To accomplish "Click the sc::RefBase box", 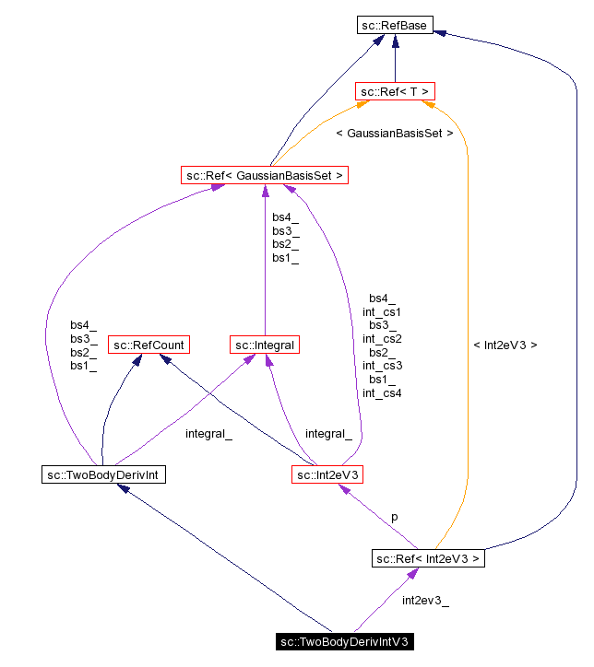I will pyautogui.click(x=395, y=26).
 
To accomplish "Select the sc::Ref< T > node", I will pyautogui.click(x=395, y=91).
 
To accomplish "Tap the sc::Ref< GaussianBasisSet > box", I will pyautogui.click(x=265, y=174).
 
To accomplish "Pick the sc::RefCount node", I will pyautogui.click(x=148, y=345).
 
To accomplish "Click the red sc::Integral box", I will pyautogui.click(x=265, y=345).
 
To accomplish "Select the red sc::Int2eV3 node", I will pyautogui.click(x=328, y=475).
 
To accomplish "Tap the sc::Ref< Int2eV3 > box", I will pyautogui.click(x=428, y=558).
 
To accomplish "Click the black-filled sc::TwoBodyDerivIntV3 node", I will pyautogui.click(x=343, y=641).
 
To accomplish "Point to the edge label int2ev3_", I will pyautogui.click(x=425, y=601).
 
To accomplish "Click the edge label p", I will pyautogui.click(x=395, y=517).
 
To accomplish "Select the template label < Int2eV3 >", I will pyautogui.click(x=505, y=345).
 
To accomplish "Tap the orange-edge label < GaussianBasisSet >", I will pyautogui.click(x=394, y=134).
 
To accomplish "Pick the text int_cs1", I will pyautogui.click(x=382, y=311).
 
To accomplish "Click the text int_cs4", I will pyautogui.click(x=382, y=393).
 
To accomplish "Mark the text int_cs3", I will pyautogui.click(x=382, y=366).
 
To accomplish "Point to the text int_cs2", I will pyautogui.click(x=382, y=338).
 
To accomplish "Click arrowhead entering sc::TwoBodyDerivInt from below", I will pyautogui.click(x=123, y=490).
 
